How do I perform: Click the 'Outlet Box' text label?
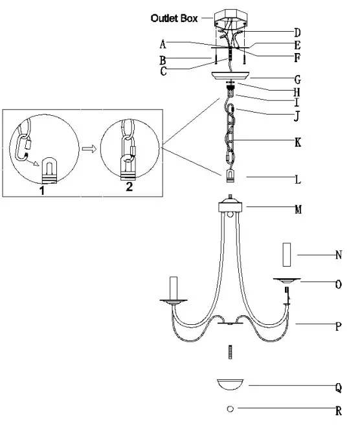coord(174,19)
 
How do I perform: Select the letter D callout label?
coord(297,32)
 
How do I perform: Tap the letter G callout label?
coord(297,80)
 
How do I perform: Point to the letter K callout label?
coord(297,141)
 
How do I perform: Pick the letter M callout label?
coord(297,210)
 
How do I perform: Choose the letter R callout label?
coord(338,410)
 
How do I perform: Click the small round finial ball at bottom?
coord(230,410)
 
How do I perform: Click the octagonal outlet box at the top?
coord(230,16)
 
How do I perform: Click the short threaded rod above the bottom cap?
coord(230,353)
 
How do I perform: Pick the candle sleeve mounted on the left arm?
coord(174,287)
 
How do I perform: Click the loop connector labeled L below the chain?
coord(230,176)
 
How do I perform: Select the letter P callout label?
coord(338,327)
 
